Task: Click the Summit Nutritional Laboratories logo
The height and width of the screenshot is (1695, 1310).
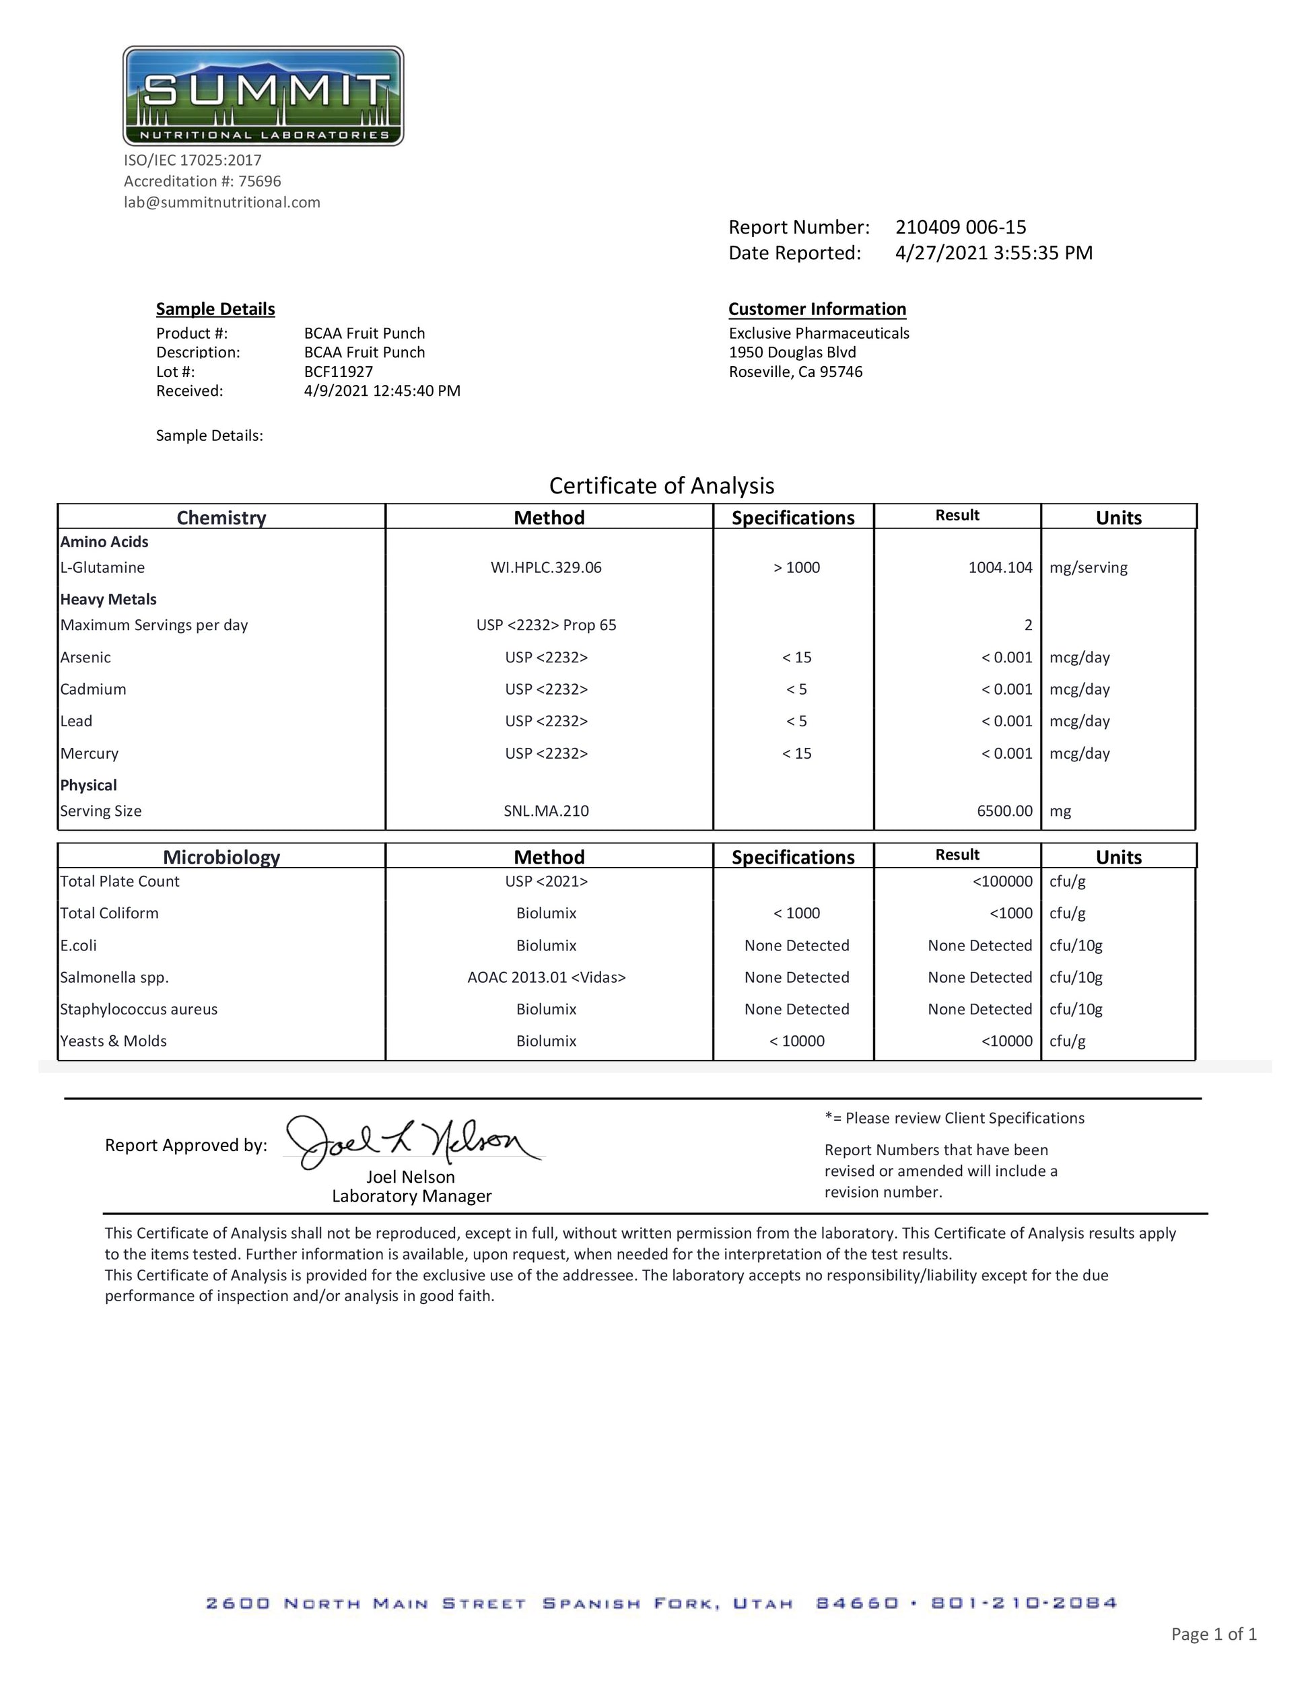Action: point(263,96)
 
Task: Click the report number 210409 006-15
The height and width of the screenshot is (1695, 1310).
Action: point(960,228)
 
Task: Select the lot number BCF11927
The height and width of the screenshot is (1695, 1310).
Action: point(339,372)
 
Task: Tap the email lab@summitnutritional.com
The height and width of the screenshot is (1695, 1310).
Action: point(222,203)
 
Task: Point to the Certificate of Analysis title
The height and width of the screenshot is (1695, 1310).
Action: point(661,486)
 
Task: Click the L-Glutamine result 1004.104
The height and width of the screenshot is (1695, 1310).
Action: point(1000,567)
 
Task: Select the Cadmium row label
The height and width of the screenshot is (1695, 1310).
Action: point(93,689)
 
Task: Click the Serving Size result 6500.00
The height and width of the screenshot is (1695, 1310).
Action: point(1004,811)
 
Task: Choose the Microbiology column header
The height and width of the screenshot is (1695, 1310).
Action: point(221,857)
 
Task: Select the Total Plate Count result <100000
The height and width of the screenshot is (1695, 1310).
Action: point(1002,882)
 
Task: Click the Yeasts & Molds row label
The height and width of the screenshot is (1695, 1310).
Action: point(113,1041)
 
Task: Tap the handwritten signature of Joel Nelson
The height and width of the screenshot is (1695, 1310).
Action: point(411,1142)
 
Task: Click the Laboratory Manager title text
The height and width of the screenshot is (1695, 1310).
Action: point(411,1196)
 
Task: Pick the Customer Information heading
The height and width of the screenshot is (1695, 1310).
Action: point(817,309)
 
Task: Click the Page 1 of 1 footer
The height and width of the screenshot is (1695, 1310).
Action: point(1213,1634)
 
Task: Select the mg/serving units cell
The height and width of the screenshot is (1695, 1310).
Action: point(1088,567)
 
